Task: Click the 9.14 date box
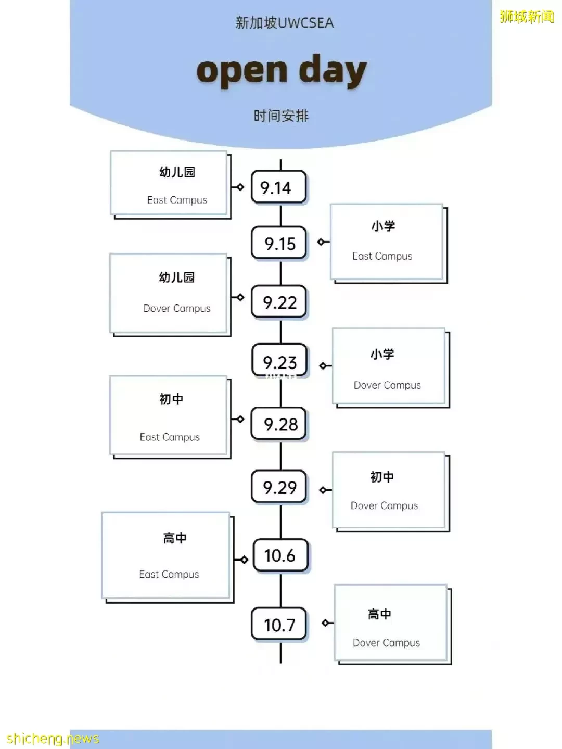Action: click(278, 187)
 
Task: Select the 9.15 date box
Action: click(278, 243)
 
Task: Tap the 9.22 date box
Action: click(278, 302)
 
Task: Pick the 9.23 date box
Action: click(279, 360)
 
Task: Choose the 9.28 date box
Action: click(278, 424)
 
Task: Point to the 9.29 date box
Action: click(278, 487)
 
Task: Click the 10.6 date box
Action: click(280, 555)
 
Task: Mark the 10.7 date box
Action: click(278, 624)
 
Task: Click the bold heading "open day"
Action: click(282, 71)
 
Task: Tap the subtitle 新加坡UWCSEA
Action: click(285, 23)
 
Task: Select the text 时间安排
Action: click(281, 116)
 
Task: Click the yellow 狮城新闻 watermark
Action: click(527, 16)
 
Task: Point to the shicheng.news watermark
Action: click(53, 739)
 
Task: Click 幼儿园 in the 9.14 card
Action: click(177, 172)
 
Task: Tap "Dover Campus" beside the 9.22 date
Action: click(176, 309)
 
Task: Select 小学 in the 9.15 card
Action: click(384, 226)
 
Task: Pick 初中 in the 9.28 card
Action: click(171, 399)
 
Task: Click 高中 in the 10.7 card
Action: click(379, 614)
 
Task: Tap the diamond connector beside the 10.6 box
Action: click(244, 560)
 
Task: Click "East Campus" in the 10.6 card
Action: click(169, 574)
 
